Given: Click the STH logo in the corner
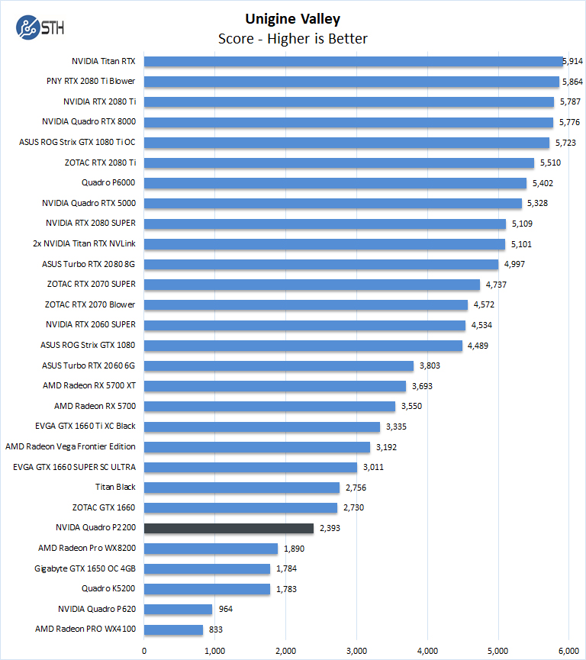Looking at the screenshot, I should (40, 27).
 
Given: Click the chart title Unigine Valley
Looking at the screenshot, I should (292, 19).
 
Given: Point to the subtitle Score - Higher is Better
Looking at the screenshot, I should (292, 38).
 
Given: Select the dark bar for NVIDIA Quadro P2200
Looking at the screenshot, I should (229, 528).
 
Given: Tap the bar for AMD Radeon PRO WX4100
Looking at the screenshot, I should (174, 629).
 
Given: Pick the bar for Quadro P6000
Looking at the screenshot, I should (335, 183).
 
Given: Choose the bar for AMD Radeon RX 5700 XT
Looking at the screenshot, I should (275, 386).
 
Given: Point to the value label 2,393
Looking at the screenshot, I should (330, 528).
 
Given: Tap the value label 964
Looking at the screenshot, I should (227, 609).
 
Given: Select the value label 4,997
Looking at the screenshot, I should (512, 264).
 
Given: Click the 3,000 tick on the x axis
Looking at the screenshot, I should (357, 651).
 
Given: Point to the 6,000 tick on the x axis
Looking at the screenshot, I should (569, 651).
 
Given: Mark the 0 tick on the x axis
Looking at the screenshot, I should (144, 651).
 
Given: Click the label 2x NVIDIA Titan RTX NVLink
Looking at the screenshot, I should (89, 244).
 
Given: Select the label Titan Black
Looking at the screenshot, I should (115, 487).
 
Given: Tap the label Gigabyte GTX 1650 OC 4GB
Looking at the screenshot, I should (85, 568).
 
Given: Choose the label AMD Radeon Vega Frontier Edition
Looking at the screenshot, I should (70, 446).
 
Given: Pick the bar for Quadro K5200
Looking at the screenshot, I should (207, 589).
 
